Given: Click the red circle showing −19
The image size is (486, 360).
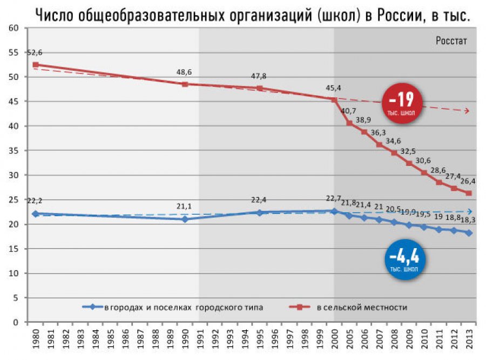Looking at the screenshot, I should click(402, 103).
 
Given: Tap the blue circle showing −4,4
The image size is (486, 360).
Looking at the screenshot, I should click(406, 258).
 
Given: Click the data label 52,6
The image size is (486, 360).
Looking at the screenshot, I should click(35, 52).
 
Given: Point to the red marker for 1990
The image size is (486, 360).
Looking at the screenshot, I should click(185, 84).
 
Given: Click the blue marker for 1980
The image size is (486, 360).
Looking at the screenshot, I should click(36, 214).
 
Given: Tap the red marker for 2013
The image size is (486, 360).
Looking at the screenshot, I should click(468, 193).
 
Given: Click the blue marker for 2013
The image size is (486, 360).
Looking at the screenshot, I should click(468, 233).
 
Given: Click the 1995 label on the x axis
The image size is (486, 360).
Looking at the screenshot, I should click(260, 342).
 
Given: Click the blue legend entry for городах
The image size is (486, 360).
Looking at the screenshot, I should click(184, 308).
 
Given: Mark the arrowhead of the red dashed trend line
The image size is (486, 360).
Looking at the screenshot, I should click(468, 111).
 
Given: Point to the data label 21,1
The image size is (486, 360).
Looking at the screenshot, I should click(185, 206).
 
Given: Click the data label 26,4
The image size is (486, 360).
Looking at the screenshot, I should click(468, 181).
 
